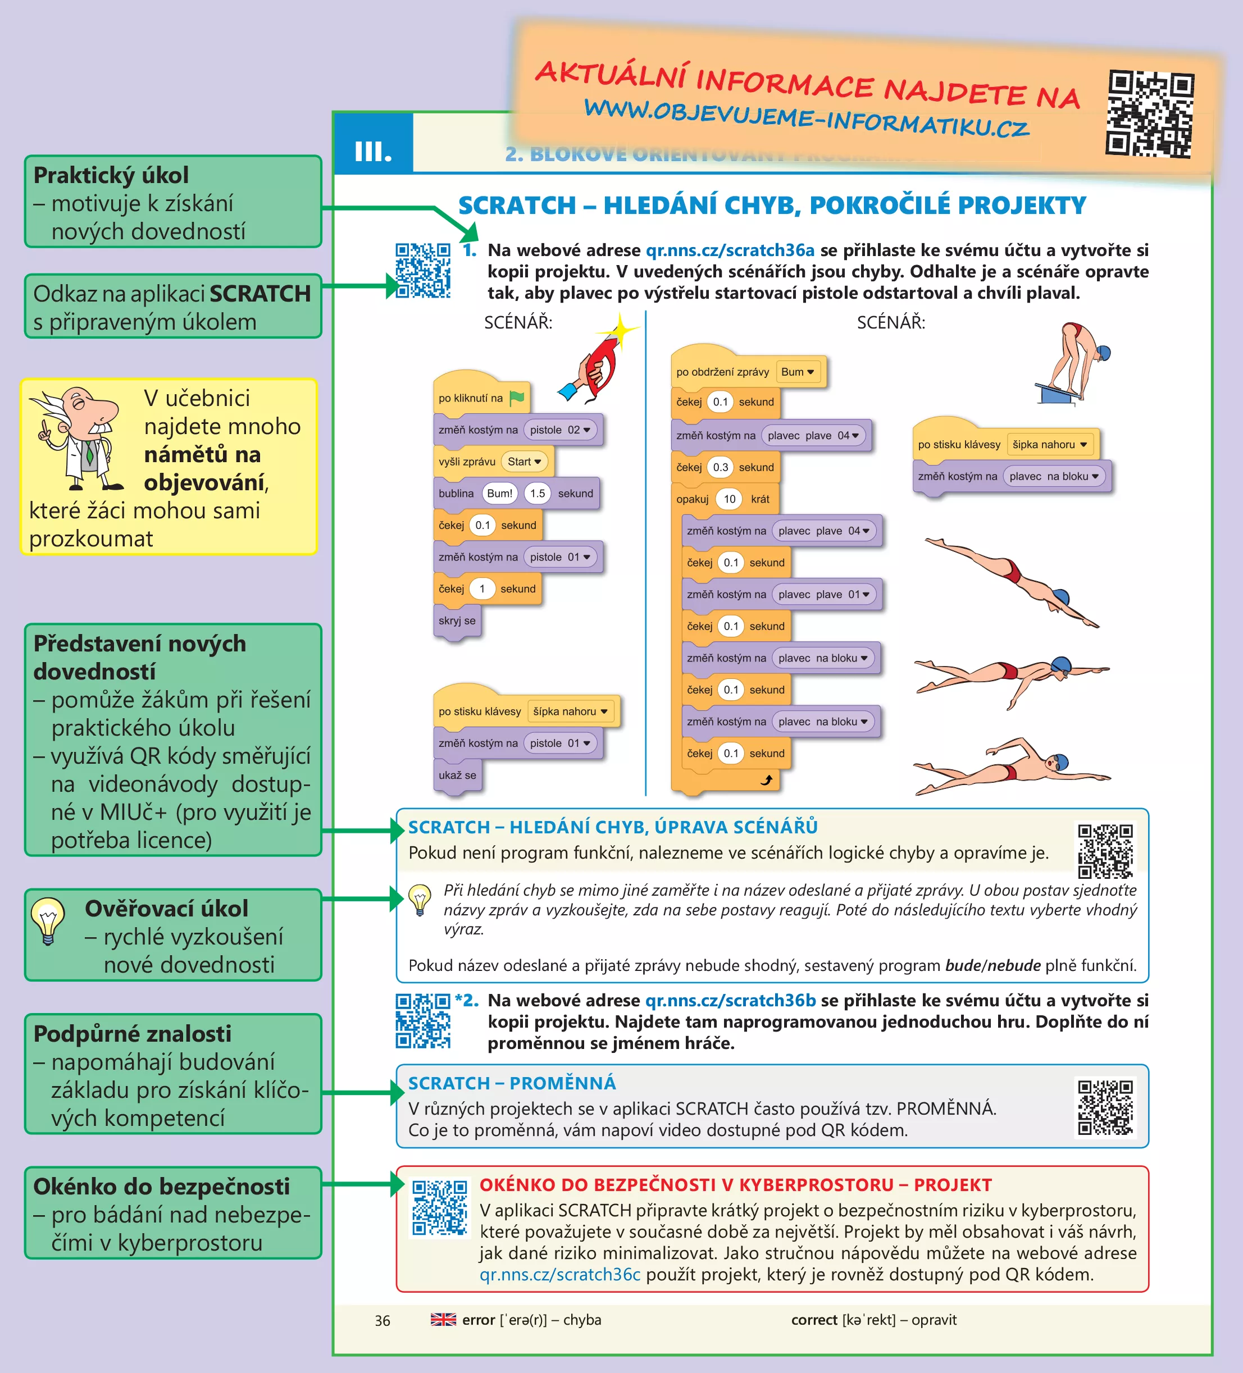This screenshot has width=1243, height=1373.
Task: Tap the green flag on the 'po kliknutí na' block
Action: pos(517,398)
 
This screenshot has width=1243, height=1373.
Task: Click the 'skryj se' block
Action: pos(457,621)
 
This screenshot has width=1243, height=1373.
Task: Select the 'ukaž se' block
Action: pos(457,775)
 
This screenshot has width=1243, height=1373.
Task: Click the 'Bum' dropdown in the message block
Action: pos(798,372)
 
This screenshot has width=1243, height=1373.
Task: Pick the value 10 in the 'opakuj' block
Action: pos(730,499)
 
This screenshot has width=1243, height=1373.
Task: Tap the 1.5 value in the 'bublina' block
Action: pos(538,494)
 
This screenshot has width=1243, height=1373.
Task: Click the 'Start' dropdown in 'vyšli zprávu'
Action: pos(523,462)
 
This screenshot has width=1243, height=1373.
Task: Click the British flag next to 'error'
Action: pos(443,1319)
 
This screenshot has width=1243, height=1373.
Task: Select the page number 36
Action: pos(382,1321)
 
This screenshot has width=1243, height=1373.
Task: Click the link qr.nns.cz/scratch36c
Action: pos(559,1274)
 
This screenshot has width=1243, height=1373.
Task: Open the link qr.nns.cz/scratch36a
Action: pos(730,250)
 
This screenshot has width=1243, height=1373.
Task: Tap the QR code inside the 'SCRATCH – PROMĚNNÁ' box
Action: pos(1105,1107)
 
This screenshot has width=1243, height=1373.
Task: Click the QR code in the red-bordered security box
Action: pos(439,1207)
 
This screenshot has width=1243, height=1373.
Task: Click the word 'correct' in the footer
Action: pos(814,1320)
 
